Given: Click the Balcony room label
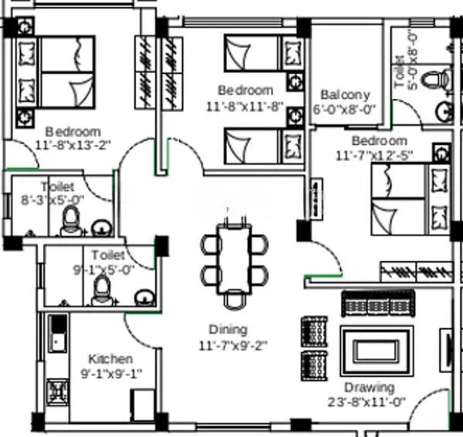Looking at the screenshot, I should pos(345,95).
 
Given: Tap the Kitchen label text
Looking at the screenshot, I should pos(110,359).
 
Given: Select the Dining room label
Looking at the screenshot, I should pos(228,329).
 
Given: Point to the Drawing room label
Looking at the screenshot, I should pos(369,387).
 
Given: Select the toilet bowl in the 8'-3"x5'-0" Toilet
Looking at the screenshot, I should pos(71,218).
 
